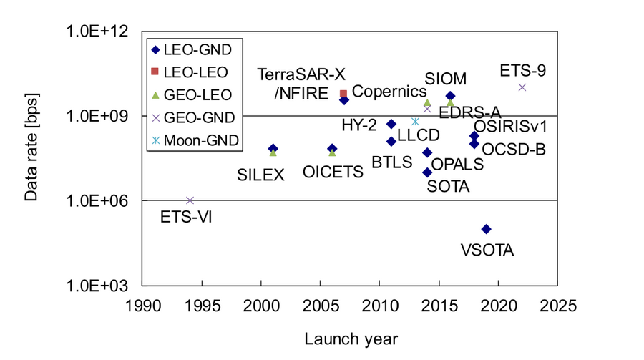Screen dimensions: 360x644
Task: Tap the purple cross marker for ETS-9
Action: click(522, 87)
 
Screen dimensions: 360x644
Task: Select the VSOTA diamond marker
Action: click(487, 229)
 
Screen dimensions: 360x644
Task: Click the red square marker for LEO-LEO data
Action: click(343, 94)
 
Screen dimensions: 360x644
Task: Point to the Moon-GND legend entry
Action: click(195, 139)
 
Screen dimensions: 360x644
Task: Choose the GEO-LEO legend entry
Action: click(195, 94)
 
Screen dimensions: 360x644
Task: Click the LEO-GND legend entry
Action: click(195, 49)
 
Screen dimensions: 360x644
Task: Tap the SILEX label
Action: click(261, 174)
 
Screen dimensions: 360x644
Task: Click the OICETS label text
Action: click(331, 174)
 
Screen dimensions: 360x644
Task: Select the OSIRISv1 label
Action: click(511, 126)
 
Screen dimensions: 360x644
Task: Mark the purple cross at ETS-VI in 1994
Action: click(190, 200)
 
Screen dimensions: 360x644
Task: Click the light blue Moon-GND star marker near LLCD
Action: click(415, 122)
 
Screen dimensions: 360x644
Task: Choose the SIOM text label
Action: click(445, 77)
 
